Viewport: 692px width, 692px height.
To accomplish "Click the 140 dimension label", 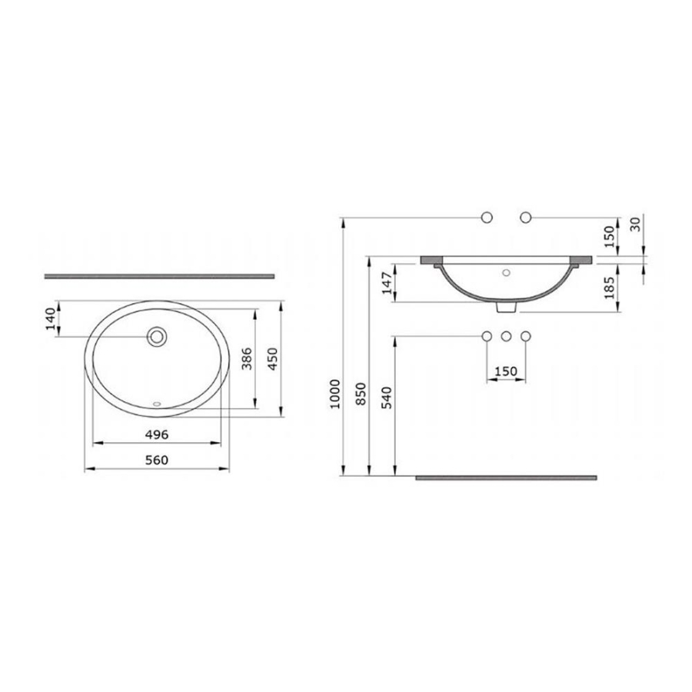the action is pos(52,318).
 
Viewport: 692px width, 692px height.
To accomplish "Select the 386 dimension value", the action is pos(247,358).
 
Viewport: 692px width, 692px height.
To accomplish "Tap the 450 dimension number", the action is pos(273,359).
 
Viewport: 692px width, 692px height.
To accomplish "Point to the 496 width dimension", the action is pos(157,434).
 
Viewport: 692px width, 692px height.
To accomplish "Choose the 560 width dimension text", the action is pos(157,461).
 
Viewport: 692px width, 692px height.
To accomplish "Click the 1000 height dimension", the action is pos(335,394).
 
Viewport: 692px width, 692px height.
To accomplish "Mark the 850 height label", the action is pos(361,394).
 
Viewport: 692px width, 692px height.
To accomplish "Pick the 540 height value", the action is pos(387,398).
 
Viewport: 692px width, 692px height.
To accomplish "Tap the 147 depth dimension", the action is pos(387,283).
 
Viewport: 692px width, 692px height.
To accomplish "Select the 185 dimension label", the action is pos(610,288).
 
